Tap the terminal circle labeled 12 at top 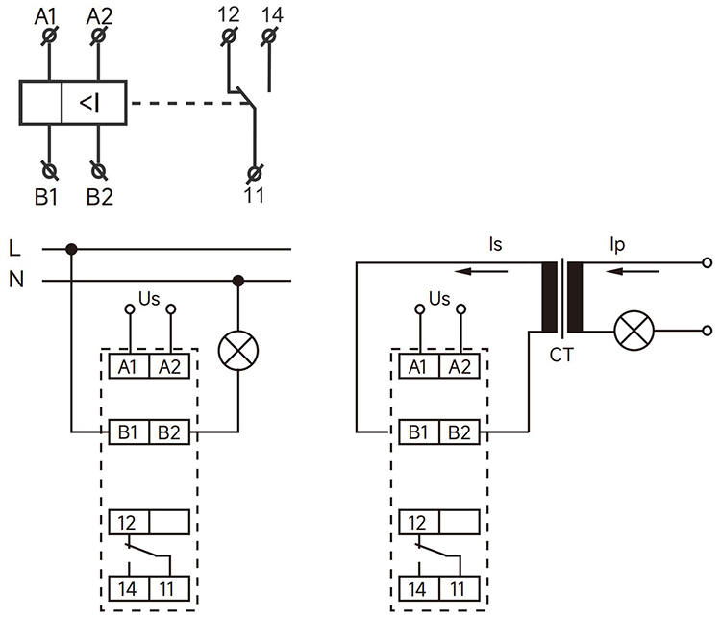tap(229, 37)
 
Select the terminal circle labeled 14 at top tap(271, 37)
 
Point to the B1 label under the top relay tap(48, 198)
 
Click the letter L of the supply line tap(13, 249)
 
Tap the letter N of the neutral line tap(14, 281)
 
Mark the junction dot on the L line tap(71, 250)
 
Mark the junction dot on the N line tap(237, 281)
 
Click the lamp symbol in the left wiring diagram tap(237, 351)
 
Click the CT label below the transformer tap(561, 356)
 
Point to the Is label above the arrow tap(494, 246)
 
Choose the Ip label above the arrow tap(616, 246)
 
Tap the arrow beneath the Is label tap(489, 271)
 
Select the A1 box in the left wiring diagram tap(127, 366)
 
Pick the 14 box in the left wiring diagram tap(127, 587)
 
